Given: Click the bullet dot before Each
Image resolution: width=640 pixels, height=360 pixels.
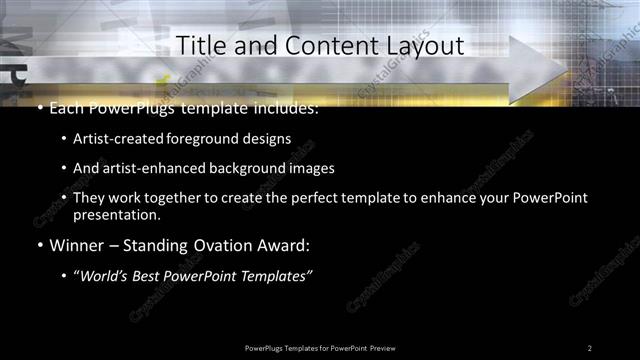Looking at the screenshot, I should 38,108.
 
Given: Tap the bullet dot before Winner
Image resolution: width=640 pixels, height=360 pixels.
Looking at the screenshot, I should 38,245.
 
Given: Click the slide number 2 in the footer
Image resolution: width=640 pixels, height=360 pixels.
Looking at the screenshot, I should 589,348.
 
